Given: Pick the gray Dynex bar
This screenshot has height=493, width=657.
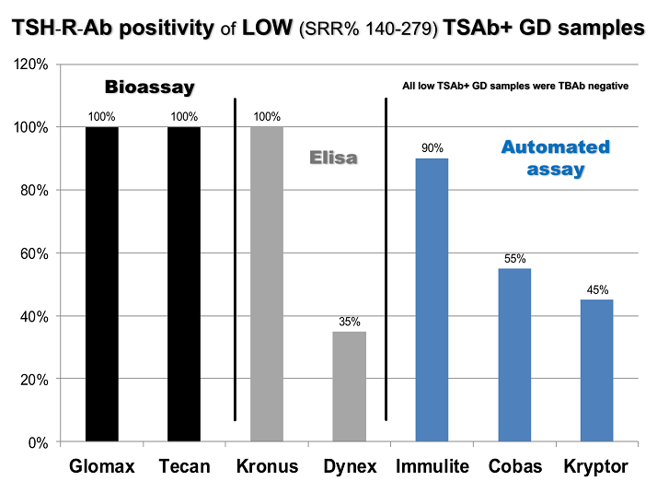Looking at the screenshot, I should click(x=350, y=386).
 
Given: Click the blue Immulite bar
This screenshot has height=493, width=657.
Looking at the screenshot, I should click(x=432, y=299).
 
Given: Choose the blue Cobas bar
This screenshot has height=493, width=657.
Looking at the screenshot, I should click(x=514, y=355).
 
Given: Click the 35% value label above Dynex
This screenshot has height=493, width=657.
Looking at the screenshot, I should click(x=350, y=322).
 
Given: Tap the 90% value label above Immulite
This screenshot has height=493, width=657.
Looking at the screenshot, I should click(x=432, y=147).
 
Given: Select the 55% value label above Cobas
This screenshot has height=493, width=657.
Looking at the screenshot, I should click(x=514, y=259).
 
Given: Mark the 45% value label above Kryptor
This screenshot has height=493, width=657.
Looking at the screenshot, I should click(x=597, y=290).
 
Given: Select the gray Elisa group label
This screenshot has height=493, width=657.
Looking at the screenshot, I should click(x=332, y=158).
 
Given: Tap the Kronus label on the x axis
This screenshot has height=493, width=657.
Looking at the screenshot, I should click(x=267, y=467).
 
